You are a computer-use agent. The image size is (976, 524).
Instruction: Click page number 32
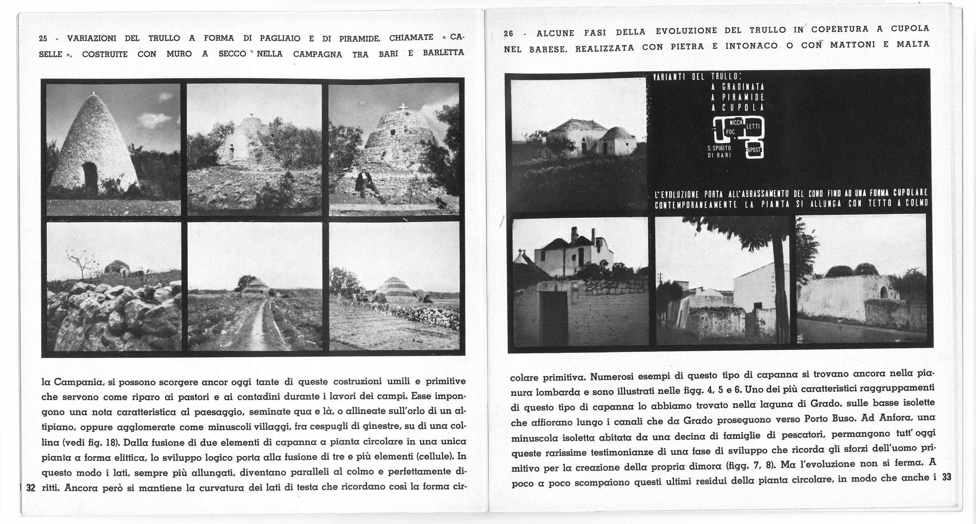coord(31,488)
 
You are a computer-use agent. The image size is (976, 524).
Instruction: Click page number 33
coord(946,477)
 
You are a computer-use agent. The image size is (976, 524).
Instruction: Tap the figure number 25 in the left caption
coord(43,39)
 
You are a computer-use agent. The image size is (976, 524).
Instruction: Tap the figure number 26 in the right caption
coord(508,33)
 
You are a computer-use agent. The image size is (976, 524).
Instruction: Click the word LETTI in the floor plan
coord(752,127)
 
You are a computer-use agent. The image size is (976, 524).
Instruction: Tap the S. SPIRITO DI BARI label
coord(719,152)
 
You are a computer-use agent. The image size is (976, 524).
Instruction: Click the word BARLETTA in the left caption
coord(443,52)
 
